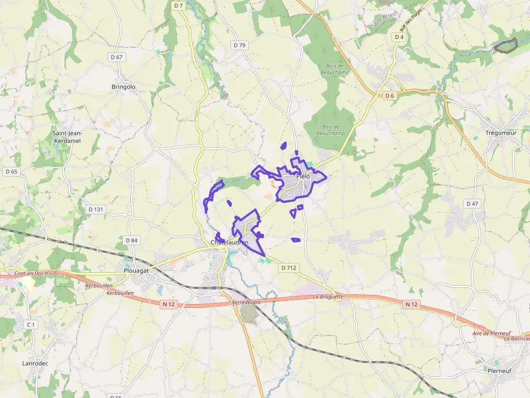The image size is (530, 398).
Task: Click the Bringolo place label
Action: [x=123, y=86]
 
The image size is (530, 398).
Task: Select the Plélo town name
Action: [x=303, y=176]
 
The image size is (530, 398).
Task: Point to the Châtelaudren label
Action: [x=229, y=242]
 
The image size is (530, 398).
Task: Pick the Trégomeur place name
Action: [x=501, y=133]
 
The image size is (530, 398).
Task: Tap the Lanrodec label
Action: [x=35, y=363]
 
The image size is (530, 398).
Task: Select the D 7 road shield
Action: [x=179, y=5]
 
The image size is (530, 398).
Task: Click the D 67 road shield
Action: [x=116, y=57]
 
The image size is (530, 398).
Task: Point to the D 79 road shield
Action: [x=240, y=45]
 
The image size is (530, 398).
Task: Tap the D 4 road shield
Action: [x=399, y=37]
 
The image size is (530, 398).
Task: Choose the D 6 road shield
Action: [x=390, y=96]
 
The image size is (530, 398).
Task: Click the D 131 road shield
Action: [x=95, y=209]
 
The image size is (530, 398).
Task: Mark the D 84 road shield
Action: [x=131, y=240]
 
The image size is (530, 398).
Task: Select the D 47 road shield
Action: [x=472, y=204]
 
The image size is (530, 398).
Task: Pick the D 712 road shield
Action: [x=289, y=267]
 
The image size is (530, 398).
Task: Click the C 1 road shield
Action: [x=31, y=325]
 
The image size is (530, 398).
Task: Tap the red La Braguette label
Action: [x=328, y=296]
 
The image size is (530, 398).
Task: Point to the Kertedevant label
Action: [x=246, y=302]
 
